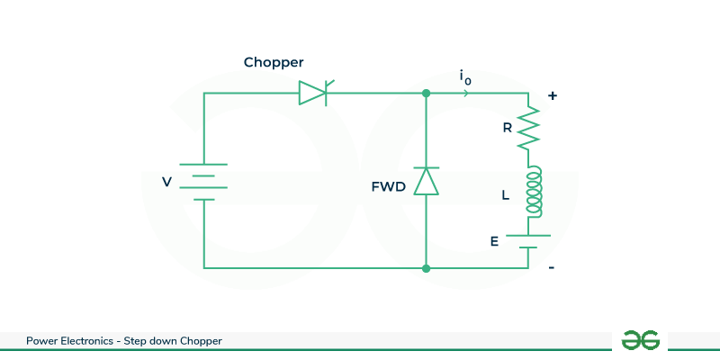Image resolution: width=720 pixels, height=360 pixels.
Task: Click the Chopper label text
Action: [x=274, y=63]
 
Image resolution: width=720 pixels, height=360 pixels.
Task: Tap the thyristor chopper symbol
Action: [x=314, y=92]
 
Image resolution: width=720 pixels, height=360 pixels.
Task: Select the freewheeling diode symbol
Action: [x=426, y=181]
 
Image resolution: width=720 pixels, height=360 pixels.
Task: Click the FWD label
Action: [x=388, y=187]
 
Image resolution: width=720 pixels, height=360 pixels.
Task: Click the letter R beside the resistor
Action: [x=508, y=128]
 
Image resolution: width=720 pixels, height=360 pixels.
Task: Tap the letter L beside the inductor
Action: [x=506, y=194]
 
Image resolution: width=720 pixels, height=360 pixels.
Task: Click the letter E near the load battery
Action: [x=493, y=241]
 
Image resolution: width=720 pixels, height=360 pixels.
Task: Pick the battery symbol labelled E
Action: [x=527, y=240]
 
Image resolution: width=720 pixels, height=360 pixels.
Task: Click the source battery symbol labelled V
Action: [x=203, y=181]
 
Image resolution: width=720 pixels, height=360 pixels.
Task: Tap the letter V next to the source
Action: [x=166, y=182]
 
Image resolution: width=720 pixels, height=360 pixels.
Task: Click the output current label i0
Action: [x=464, y=78]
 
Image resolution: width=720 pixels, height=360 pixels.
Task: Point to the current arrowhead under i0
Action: [x=465, y=93]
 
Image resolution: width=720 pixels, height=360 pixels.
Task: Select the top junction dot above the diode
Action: [x=426, y=93]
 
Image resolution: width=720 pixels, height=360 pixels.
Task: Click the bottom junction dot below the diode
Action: [x=426, y=268]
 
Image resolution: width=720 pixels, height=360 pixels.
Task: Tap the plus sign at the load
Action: [x=552, y=94]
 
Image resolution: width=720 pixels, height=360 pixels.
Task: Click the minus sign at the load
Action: [x=552, y=267]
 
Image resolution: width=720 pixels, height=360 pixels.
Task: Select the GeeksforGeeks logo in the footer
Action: [x=641, y=340]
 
